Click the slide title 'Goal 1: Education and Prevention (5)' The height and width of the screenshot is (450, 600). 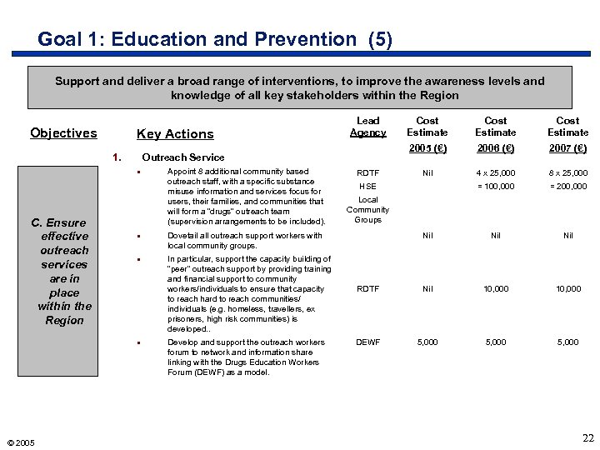click(x=215, y=39)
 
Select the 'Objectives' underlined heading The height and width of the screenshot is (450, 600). click(x=63, y=133)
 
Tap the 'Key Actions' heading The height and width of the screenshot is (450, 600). click(x=175, y=134)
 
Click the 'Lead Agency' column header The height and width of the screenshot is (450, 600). click(x=367, y=127)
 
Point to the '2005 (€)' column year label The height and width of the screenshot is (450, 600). click(x=427, y=148)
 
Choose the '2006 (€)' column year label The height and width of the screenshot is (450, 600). click(x=496, y=148)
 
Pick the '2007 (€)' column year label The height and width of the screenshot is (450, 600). click(x=567, y=148)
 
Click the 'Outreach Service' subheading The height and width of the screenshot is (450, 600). click(x=183, y=157)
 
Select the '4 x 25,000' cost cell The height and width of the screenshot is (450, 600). click(x=496, y=173)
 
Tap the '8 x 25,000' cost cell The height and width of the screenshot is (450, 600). click(x=567, y=173)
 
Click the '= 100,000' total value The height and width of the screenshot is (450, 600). click(x=496, y=187)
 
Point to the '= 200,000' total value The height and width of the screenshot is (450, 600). click(x=567, y=187)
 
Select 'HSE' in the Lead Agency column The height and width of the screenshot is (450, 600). click(x=367, y=187)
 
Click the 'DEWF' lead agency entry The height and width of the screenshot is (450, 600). click(x=367, y=342)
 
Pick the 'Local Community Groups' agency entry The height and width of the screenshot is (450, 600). click(x=367, y=210)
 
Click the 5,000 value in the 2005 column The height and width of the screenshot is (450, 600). click(x=427, y=342)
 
